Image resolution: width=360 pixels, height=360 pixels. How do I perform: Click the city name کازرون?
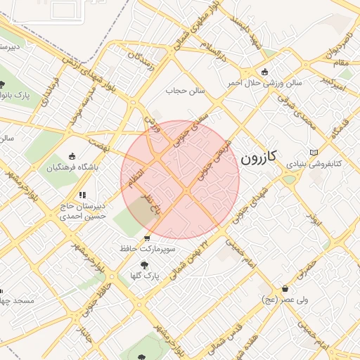pos(259,157)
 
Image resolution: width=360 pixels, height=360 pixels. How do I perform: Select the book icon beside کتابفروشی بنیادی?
pos(313,153)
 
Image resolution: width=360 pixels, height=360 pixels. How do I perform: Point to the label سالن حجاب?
pos(184,91)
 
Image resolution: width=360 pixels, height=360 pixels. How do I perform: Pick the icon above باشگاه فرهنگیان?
pos(72,156)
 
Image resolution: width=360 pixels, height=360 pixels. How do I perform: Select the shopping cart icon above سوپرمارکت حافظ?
pos(146,238)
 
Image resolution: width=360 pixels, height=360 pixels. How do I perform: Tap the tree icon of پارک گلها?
pos(144,265)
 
